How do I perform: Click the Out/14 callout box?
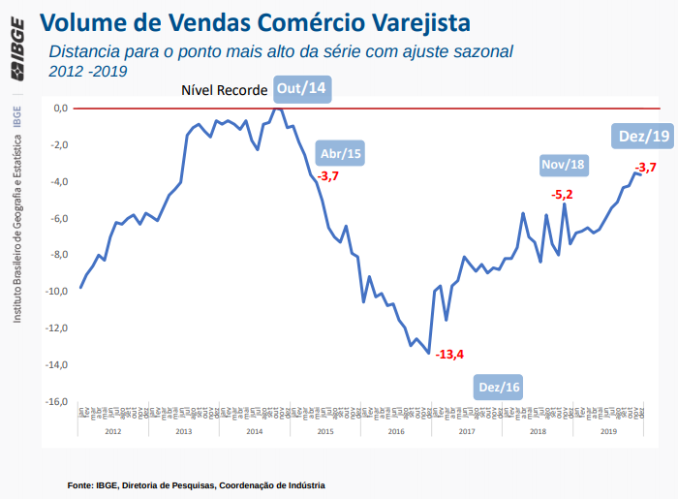click(x=302, y=89)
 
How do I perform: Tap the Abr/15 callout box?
click(x=341, y=153)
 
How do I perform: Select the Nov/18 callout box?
click(x=564, y=164)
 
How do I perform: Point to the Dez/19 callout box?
click(x=644, y=137)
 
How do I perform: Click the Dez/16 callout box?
click(x=500, y=388)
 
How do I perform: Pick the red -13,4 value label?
click(x=449, y=354)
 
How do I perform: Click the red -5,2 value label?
click(x=562, y=195)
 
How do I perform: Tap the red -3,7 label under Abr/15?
click(x=328, y=175)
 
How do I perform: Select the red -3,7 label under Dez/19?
click(x=645, y=168)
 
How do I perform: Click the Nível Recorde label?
click(x=225, y=90)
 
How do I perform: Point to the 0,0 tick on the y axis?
click(x=60, y=108)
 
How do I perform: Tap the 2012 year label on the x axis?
click(x=113, y=430)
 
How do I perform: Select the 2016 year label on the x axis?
click(x=395, y=430)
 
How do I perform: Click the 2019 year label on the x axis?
click(x=608, y=430)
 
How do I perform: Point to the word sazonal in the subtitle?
click(x=479, y=50)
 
